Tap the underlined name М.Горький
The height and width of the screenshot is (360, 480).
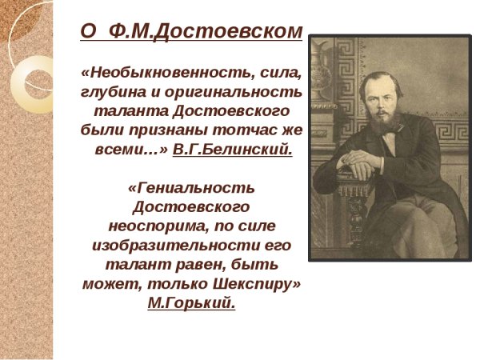click(191, 302)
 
